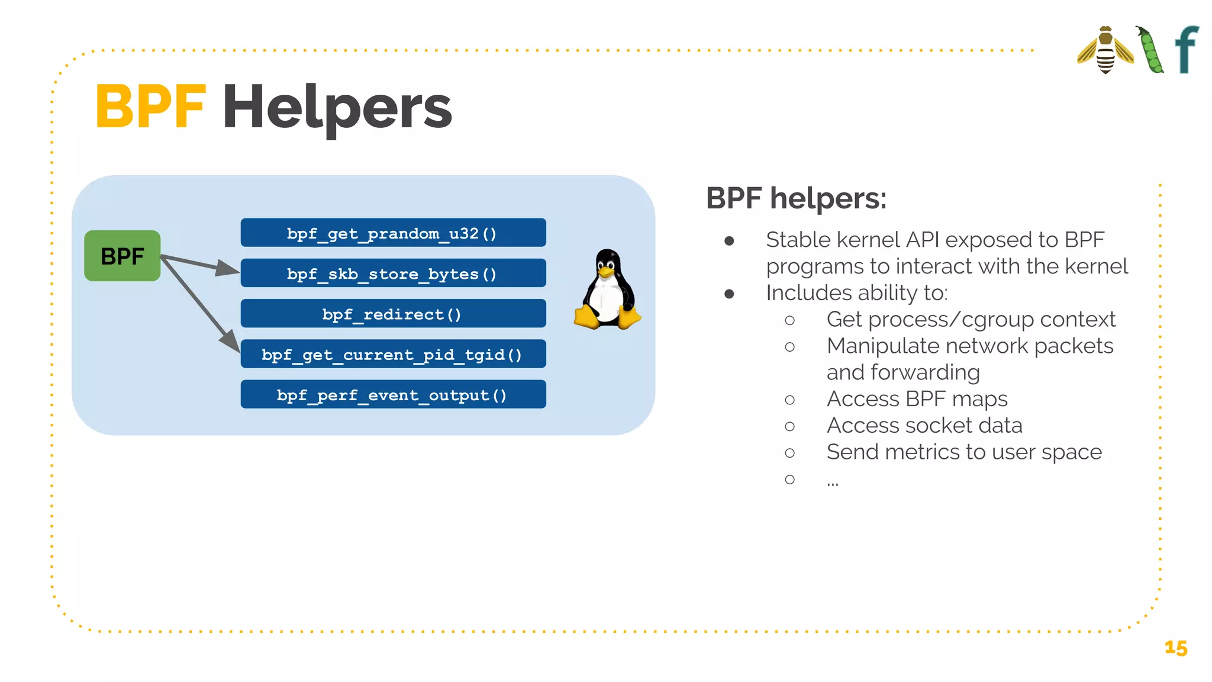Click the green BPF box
(x=122, y=256)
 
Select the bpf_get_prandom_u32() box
(x=393, y=233)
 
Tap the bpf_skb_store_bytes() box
(x=393, y=274)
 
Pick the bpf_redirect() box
(x=393, y=314)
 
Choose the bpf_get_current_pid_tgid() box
(x=393, y=354)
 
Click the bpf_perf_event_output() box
(x=393, y=394)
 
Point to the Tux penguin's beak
(x=605, y=272)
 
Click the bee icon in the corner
(x=1105, y=50)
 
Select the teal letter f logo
(x=1186, y=50)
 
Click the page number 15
(x=1175, y=648)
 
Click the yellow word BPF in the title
(x=150, y=107)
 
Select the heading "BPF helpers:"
(x=796, y=198)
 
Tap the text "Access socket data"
(x=924, y=426)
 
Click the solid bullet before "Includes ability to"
(x=729, y=294)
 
